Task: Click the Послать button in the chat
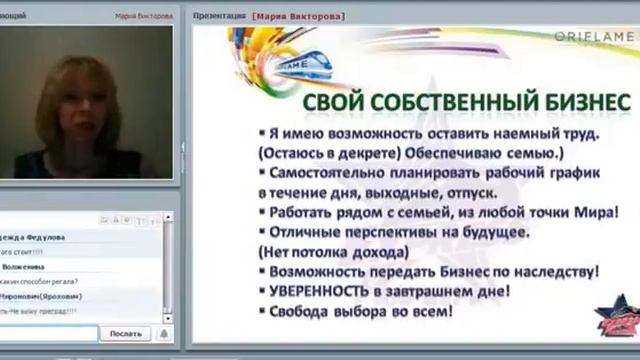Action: pyautogui.click(x=125, y=333)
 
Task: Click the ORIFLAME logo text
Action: pyautogui.click(x=594, y=36)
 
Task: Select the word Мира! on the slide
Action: pyautogui.click(x=598, y=211)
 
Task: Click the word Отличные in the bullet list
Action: pyautogui.click(x=304, y=231)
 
